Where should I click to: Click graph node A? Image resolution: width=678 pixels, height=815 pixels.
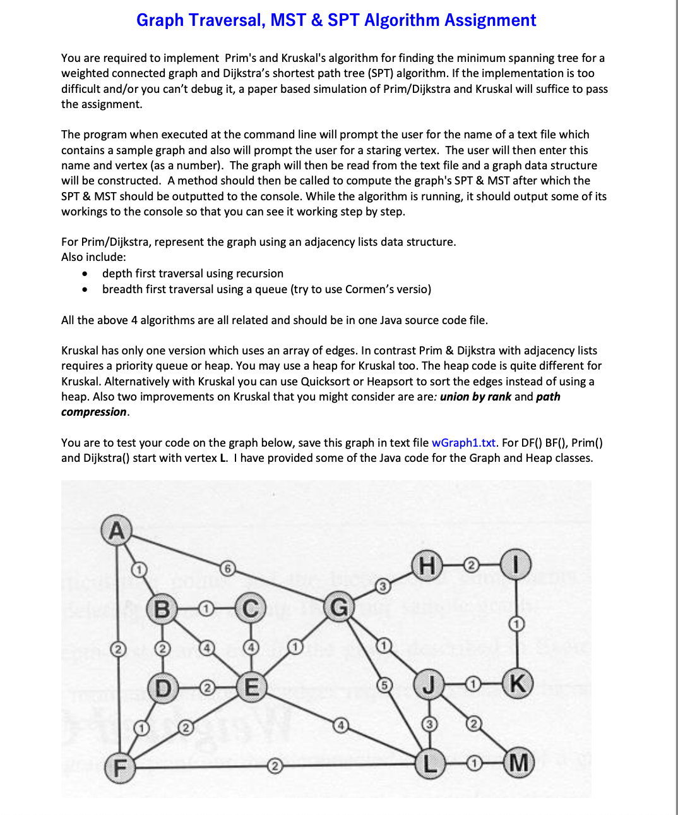[x=117, y=529]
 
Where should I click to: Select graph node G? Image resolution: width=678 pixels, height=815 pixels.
[x=339, y=608]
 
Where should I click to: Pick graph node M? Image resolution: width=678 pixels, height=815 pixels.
[x=519, y=763]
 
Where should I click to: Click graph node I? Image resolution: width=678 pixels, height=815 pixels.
[x=516, y=565]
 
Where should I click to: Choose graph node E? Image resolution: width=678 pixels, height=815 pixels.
[x=251, y=686]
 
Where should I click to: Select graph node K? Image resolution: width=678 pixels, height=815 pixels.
[x=518, y=684]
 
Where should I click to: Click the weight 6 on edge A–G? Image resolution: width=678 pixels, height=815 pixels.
[x=228, y=568]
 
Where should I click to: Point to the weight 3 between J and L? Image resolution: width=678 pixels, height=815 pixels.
[x=429, y=724]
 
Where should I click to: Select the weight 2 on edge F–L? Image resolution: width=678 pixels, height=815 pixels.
[x=274, y=767]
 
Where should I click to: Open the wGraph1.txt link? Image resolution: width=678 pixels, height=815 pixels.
[x=463, y=442]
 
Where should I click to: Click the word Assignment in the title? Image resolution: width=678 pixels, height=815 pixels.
[x=490, y=20]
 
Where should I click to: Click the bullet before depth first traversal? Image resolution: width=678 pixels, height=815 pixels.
[x=85, y=274]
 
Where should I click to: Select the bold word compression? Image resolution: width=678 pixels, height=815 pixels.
[x=93, y=412]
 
